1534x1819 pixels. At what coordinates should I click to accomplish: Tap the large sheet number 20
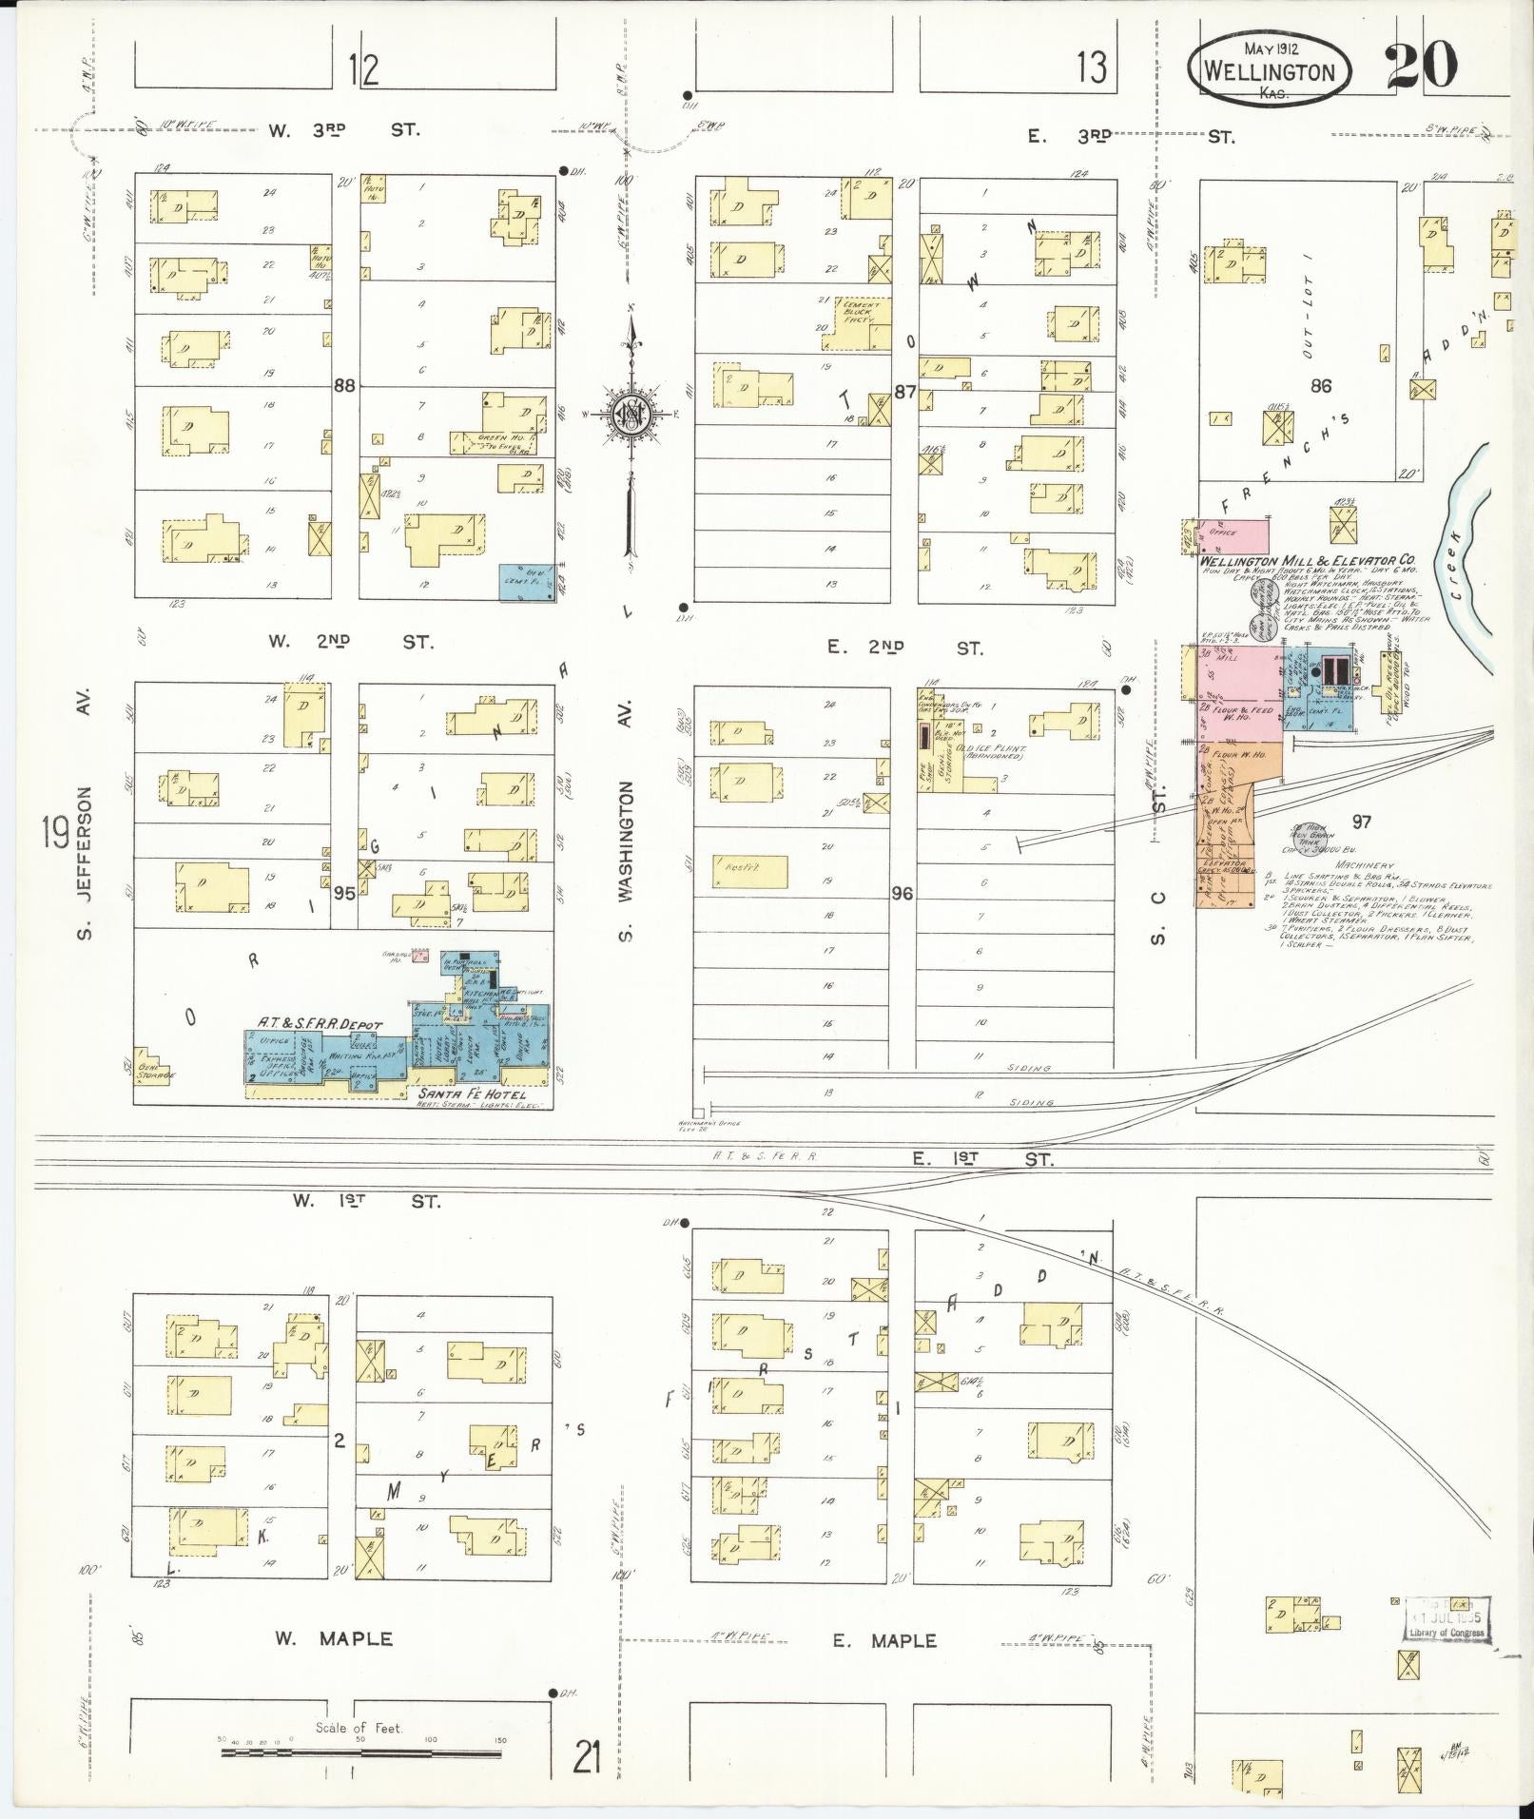1420,67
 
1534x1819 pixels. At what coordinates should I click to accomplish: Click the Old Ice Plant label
991,747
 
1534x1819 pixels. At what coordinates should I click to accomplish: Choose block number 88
344,386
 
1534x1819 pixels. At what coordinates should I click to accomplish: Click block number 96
902,894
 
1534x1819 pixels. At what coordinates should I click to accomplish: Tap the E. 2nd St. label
904,648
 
